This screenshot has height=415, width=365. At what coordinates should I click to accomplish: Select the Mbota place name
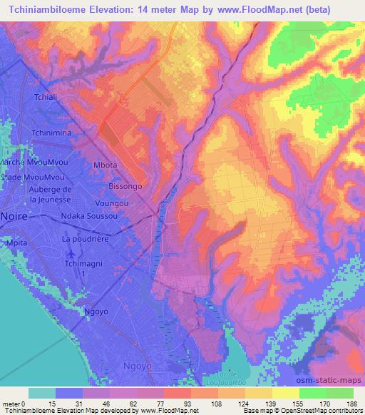pos(105,164)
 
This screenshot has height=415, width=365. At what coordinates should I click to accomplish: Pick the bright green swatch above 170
pos(312,393)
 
